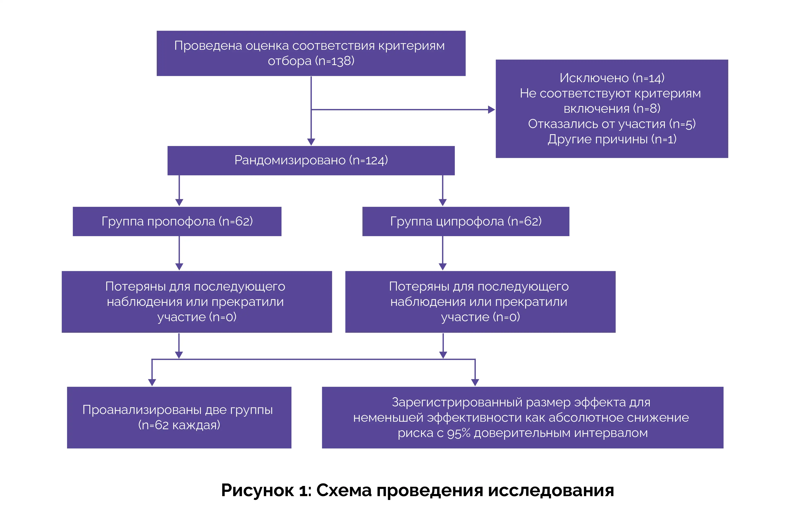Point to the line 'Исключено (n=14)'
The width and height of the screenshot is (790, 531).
[612, 78]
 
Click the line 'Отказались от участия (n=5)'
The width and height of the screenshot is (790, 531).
[612, 124]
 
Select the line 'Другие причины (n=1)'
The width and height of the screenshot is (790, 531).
[612, 139]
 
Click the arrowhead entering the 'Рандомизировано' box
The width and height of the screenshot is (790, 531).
[311, 142]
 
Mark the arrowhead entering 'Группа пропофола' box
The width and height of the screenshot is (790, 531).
[179, 202]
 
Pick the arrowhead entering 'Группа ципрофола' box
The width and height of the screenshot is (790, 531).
[443, 202]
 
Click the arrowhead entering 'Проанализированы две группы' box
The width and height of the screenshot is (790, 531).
[152, 382]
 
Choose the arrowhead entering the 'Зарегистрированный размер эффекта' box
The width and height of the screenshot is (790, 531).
[475, 382]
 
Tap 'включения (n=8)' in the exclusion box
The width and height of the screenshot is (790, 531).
[612, 109]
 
